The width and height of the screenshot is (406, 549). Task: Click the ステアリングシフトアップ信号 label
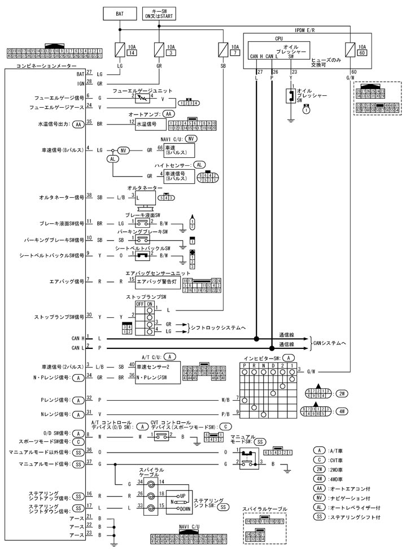click(49, 496)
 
